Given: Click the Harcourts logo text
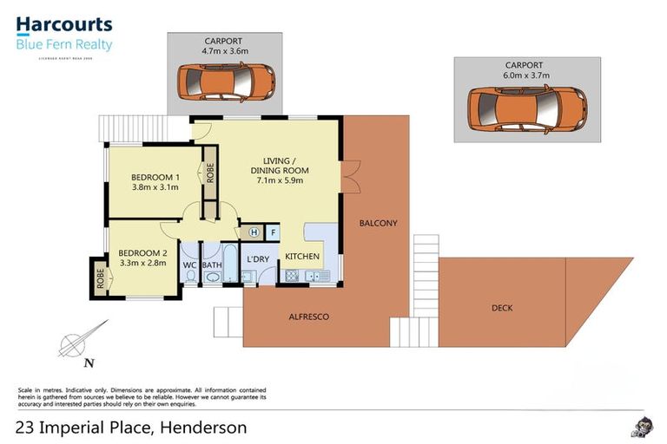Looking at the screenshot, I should coord(64,24).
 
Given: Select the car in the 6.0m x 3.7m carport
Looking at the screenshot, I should coord(526,108).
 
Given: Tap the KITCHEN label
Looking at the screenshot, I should coord(302,257).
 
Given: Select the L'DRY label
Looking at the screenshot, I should coord(258,259).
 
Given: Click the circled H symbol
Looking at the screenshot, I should coord(254,232).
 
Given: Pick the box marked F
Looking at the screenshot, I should coord(272,232).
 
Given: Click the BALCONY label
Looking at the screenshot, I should coord(378,223).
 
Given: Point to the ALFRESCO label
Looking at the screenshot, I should coord(308,317).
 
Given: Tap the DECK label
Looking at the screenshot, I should coord(501,307).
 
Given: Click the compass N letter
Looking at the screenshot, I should coord(90,362).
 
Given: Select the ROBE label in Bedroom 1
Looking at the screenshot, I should coord(209,171).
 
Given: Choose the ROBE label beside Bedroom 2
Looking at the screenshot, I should coord(100,279).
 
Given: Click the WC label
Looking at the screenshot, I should coord(189,265).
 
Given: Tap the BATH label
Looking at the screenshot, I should coord(212,265).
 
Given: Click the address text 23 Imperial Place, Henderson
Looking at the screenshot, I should coord(132,427).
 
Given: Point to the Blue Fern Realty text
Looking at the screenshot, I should coord(64,44).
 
